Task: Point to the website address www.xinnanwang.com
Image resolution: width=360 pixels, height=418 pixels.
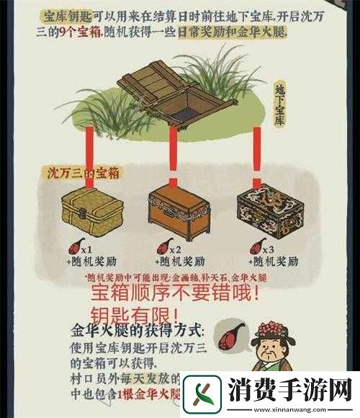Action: click(x=291, y=408)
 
